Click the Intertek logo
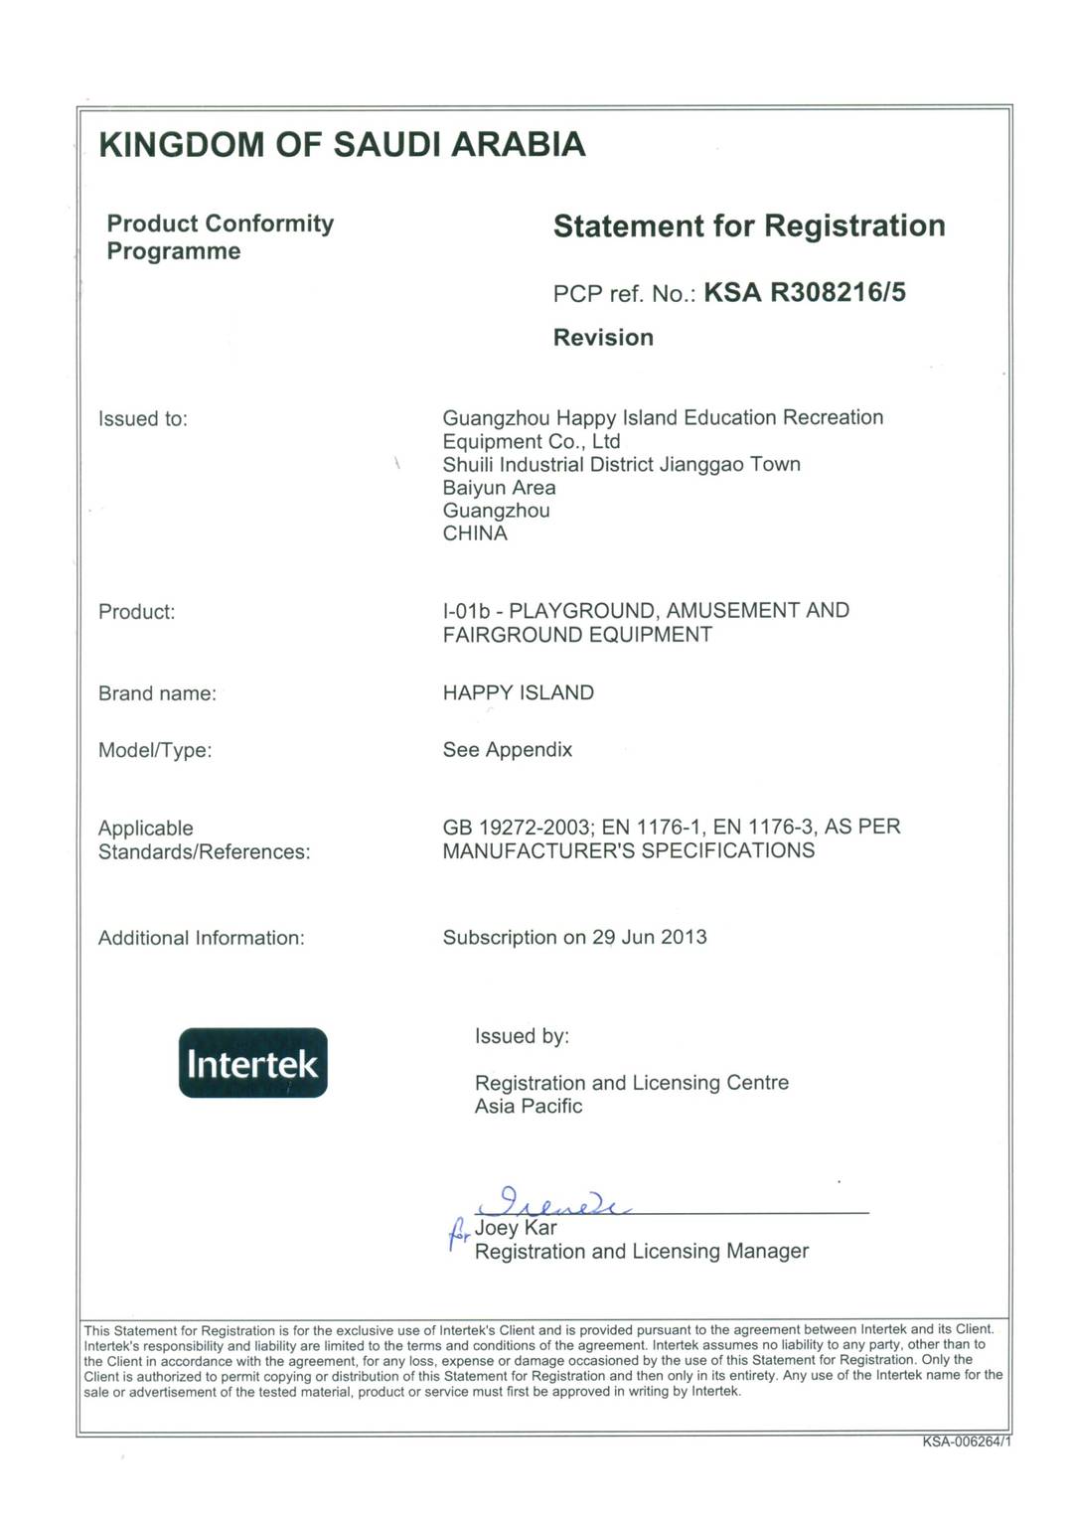pos(252,1063)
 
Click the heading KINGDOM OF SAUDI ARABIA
pos(343,145)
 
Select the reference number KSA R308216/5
pos(804,292)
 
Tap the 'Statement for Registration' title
pos(748,227)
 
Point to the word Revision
pos(603,338)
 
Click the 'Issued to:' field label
pos(143,419)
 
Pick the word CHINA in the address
pos(475,533)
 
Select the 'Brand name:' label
pos(157,693)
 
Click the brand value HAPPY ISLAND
pos(518,692)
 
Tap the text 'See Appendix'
pos(507,749)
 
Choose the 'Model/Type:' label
pos(155,750)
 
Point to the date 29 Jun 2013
pos(650,937)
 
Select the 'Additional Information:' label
pos(201,938)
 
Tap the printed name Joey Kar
pos(516,1228)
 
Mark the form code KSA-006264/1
pos(966,1441)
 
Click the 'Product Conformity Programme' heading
pos(220,236)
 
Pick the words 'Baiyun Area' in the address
pos(499,488)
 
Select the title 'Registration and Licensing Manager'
pos(641,1252)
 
